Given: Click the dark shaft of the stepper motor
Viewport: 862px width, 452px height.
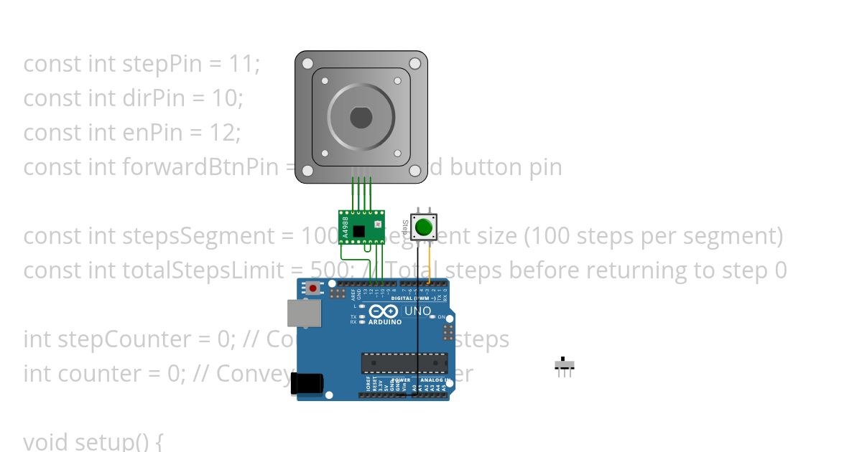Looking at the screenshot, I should [x=361, y=117].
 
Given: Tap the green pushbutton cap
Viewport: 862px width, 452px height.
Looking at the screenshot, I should [x=423, y=227].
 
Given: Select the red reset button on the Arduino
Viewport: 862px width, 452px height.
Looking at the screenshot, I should [x=313, y=288].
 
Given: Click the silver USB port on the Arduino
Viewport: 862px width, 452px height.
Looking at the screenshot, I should [x=305, y=313].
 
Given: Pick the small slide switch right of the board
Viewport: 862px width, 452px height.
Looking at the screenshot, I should [x=564, y=365].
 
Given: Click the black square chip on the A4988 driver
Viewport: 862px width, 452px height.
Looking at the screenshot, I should [x=358, y=231].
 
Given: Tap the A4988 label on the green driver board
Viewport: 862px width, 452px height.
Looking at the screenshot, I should [x=346, y=227].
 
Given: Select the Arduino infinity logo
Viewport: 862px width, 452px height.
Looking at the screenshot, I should [x=384, y=311].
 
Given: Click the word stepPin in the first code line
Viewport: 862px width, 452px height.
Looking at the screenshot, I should [x=155, y=64].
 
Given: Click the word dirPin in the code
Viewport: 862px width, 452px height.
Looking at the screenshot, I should [x=153, y=98].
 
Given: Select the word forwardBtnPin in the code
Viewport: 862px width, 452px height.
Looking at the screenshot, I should [x=200, y=167].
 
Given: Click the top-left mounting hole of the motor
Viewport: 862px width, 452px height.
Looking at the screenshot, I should [x=307, y=63].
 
